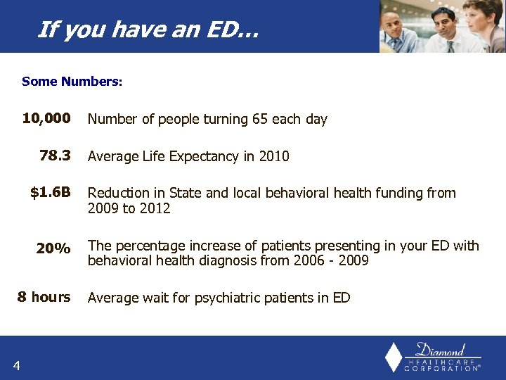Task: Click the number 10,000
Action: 46,118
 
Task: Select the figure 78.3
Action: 55,156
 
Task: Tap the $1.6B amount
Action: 51,192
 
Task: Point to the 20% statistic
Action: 53,248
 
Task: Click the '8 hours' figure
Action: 44,297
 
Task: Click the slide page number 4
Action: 16,364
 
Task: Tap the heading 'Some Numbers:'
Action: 72,82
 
